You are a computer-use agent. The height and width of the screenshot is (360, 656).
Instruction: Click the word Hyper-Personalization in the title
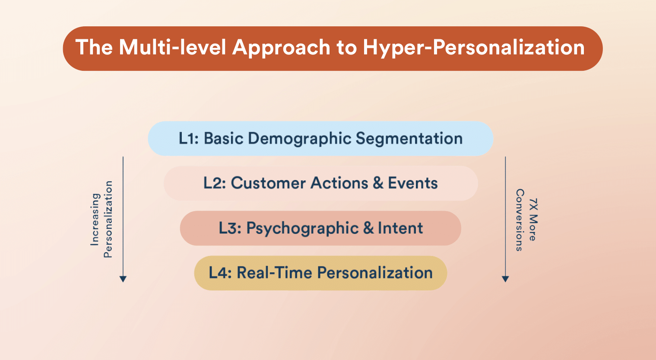[x=474, y=48]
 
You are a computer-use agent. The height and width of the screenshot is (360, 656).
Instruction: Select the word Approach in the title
[x=281, y=48]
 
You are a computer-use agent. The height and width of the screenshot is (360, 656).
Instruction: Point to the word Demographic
[x=300, y=139]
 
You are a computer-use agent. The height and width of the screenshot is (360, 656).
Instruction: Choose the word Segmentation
[x=409, y=139]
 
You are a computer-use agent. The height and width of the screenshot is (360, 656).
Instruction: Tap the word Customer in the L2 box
[x=268, y=183]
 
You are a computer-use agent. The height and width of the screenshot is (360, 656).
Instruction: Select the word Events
[x=413, y=183]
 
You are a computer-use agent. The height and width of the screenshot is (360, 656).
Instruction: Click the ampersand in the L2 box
[x=378, y=183]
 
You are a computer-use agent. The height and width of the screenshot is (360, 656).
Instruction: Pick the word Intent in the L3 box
[x=400, y=228]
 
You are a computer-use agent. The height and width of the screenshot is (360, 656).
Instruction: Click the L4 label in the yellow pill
[x=220, y=273]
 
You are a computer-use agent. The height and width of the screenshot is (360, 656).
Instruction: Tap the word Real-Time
[x=274, y=273]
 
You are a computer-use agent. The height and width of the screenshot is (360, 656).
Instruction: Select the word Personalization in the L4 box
[x=375, y=273]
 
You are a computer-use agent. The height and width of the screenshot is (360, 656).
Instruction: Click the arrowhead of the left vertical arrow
[x=123, y=279]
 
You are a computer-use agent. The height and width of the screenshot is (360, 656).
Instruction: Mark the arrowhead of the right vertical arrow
[x=505, y=279]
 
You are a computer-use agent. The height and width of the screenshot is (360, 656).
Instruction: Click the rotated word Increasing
[x=95, y=220]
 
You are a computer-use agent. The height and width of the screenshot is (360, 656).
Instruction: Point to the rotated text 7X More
[x=533, y=220]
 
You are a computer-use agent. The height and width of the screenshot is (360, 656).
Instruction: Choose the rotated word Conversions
[x=520, y=220]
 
